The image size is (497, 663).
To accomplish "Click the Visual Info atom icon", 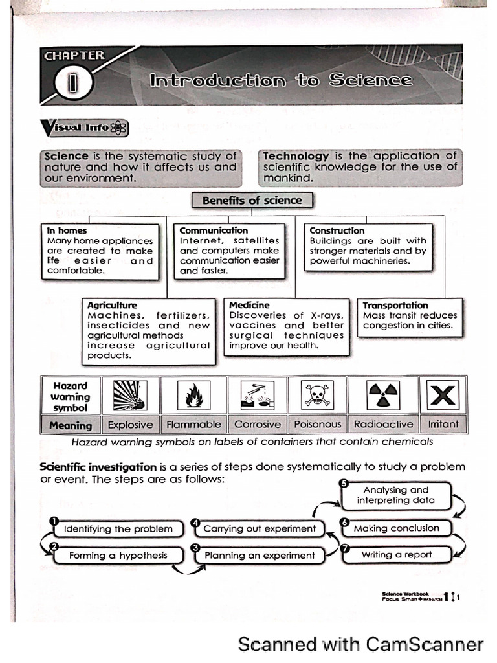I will (118, 128).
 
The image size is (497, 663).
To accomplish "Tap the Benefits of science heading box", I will (252, 201).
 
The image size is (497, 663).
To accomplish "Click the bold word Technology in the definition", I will (296, 156).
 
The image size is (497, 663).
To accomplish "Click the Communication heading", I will (214, 230).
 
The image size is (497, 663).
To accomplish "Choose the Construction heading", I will (337, 230).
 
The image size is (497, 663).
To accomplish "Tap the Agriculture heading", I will (112, 305).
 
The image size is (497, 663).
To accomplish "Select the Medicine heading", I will (249, 305).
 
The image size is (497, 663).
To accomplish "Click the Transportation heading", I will (395, 305).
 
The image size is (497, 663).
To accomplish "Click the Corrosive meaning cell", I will (257, 425).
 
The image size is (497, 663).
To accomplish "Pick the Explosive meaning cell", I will (130, 425).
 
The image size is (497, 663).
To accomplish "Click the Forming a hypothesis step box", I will (118, 556).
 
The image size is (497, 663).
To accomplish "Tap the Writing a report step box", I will (396, 555).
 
